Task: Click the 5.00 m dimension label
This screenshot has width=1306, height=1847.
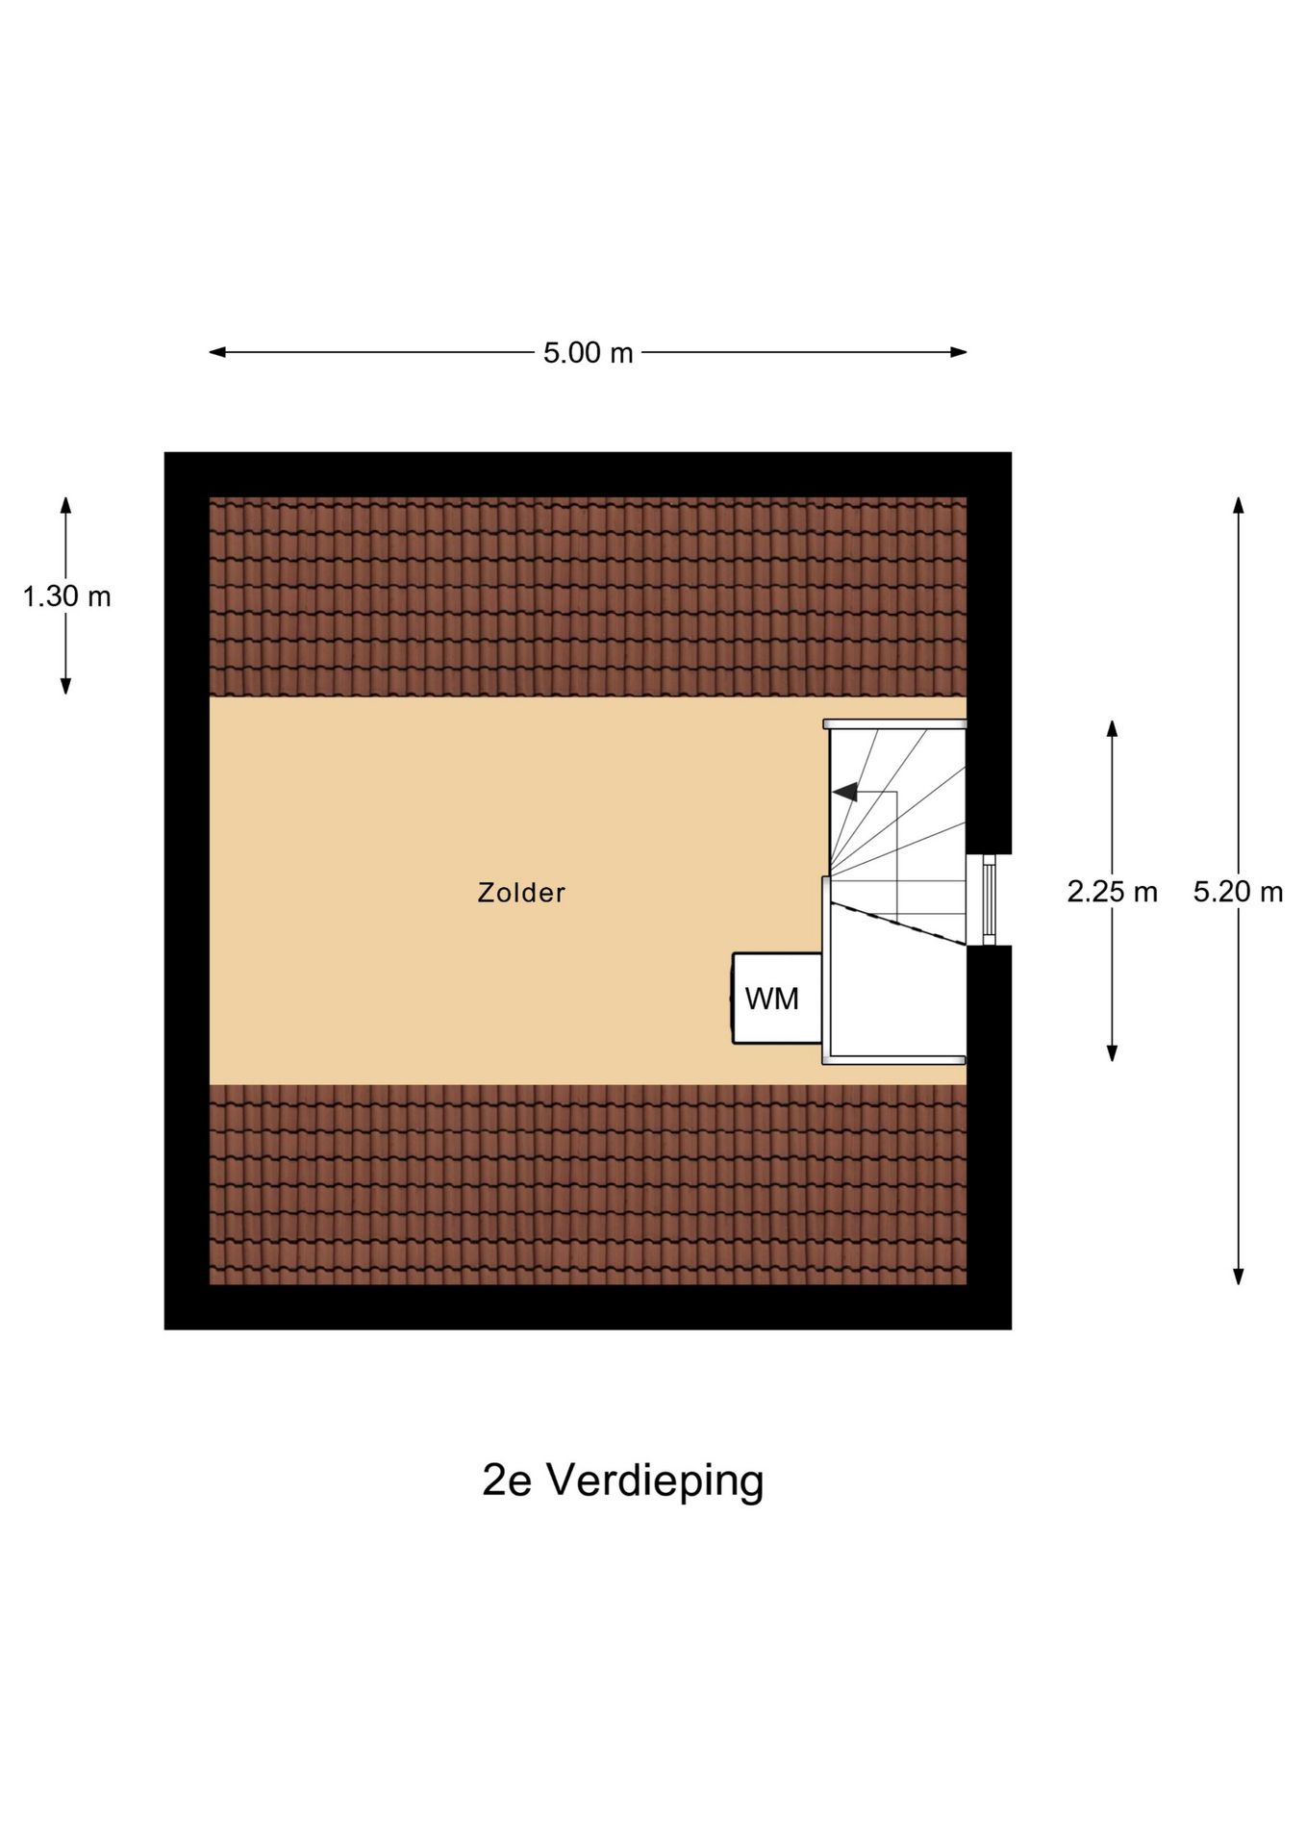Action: pyautogui.click(x=588, y=353)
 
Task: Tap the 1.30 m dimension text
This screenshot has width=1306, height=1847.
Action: pyautogui.click(x=66, y=596)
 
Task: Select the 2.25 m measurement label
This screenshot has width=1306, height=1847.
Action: pyautogui.click(x=1111, y=892)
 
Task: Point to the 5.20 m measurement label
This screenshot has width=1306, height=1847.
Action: pyautogui.click(x=1238, y=892)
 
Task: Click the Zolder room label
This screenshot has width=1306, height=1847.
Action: pyautogui.click(x=521, y=893)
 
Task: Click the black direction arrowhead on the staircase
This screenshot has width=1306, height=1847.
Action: pyautogui.click(x=845, y=792)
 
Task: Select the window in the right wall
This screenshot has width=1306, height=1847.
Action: pyautogui.click(x=988, y=899)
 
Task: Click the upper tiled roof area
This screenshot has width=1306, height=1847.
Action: pyautogui.click(x=587, y=596)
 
